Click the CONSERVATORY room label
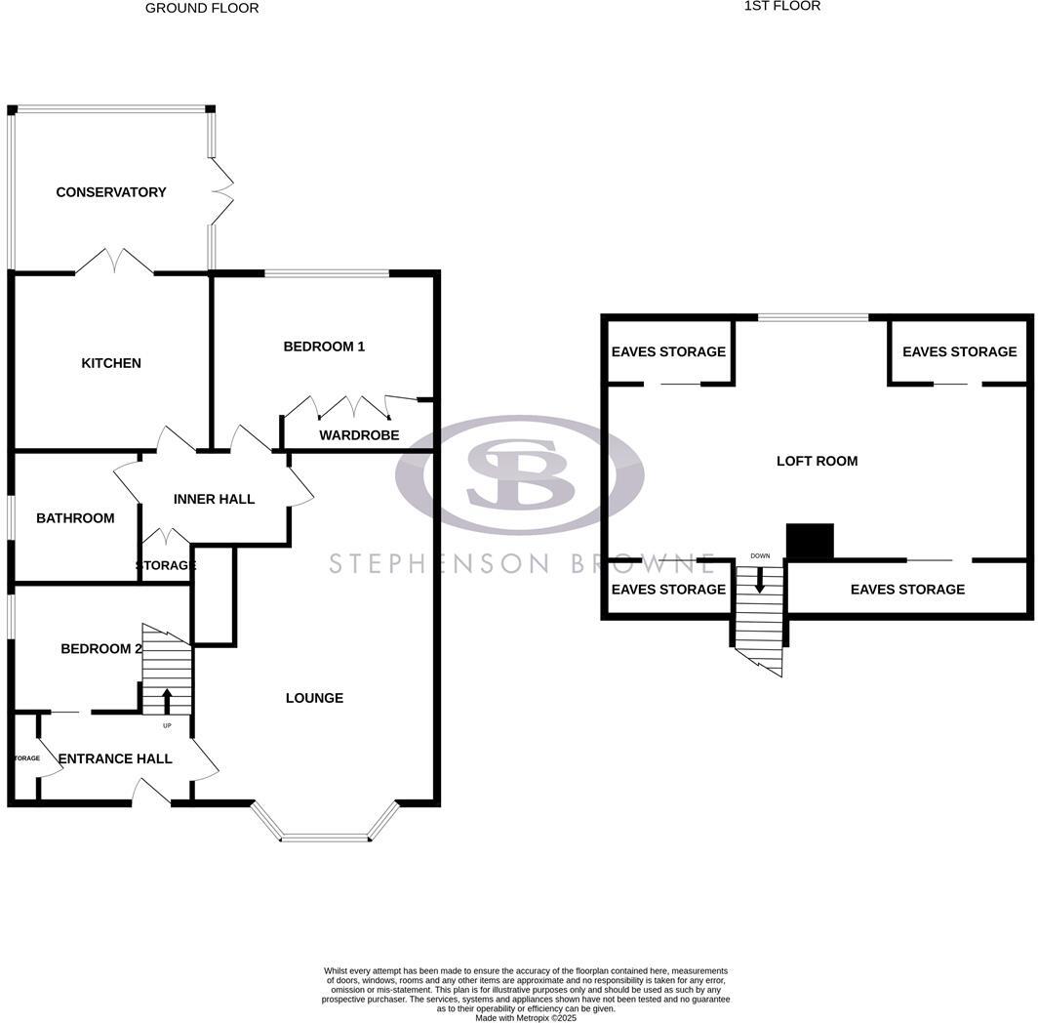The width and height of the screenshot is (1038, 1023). [111, 192]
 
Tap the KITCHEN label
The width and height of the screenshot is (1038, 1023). [111, 363]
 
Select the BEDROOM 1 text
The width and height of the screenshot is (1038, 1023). [324, 347]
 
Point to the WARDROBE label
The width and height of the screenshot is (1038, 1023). [359, 435]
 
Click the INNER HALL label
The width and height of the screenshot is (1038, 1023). [214, 499]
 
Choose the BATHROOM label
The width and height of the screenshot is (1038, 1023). [75, 518]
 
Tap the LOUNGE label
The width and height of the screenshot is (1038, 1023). [314, 698]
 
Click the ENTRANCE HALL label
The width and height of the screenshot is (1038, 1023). [115, 758]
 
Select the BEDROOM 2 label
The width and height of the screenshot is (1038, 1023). [101, 649]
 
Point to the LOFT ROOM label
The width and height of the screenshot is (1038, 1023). [817, 461]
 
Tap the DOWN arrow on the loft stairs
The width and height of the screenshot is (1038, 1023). [760, 580]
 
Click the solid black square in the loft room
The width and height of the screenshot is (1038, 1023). [810, 542]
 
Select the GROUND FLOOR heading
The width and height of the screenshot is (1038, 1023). [202, 8]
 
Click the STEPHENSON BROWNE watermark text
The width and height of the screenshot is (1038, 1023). [522, 563]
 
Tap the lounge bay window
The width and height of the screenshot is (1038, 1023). [325, 835]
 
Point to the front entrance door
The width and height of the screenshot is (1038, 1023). [152, 793]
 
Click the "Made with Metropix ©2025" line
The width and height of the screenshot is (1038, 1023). [526, 1018]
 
